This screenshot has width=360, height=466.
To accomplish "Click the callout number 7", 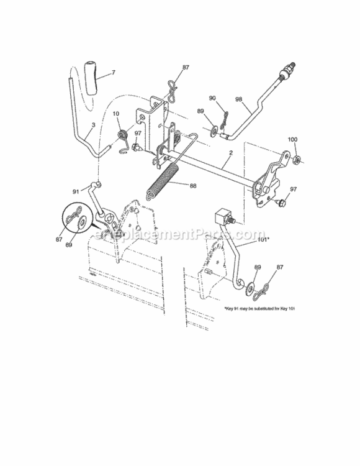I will [113, 73].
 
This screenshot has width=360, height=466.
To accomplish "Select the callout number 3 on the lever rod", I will [92, 124].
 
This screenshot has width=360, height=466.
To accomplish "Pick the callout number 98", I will [240, 98].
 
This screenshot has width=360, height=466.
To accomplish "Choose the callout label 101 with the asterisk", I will [246, 235].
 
